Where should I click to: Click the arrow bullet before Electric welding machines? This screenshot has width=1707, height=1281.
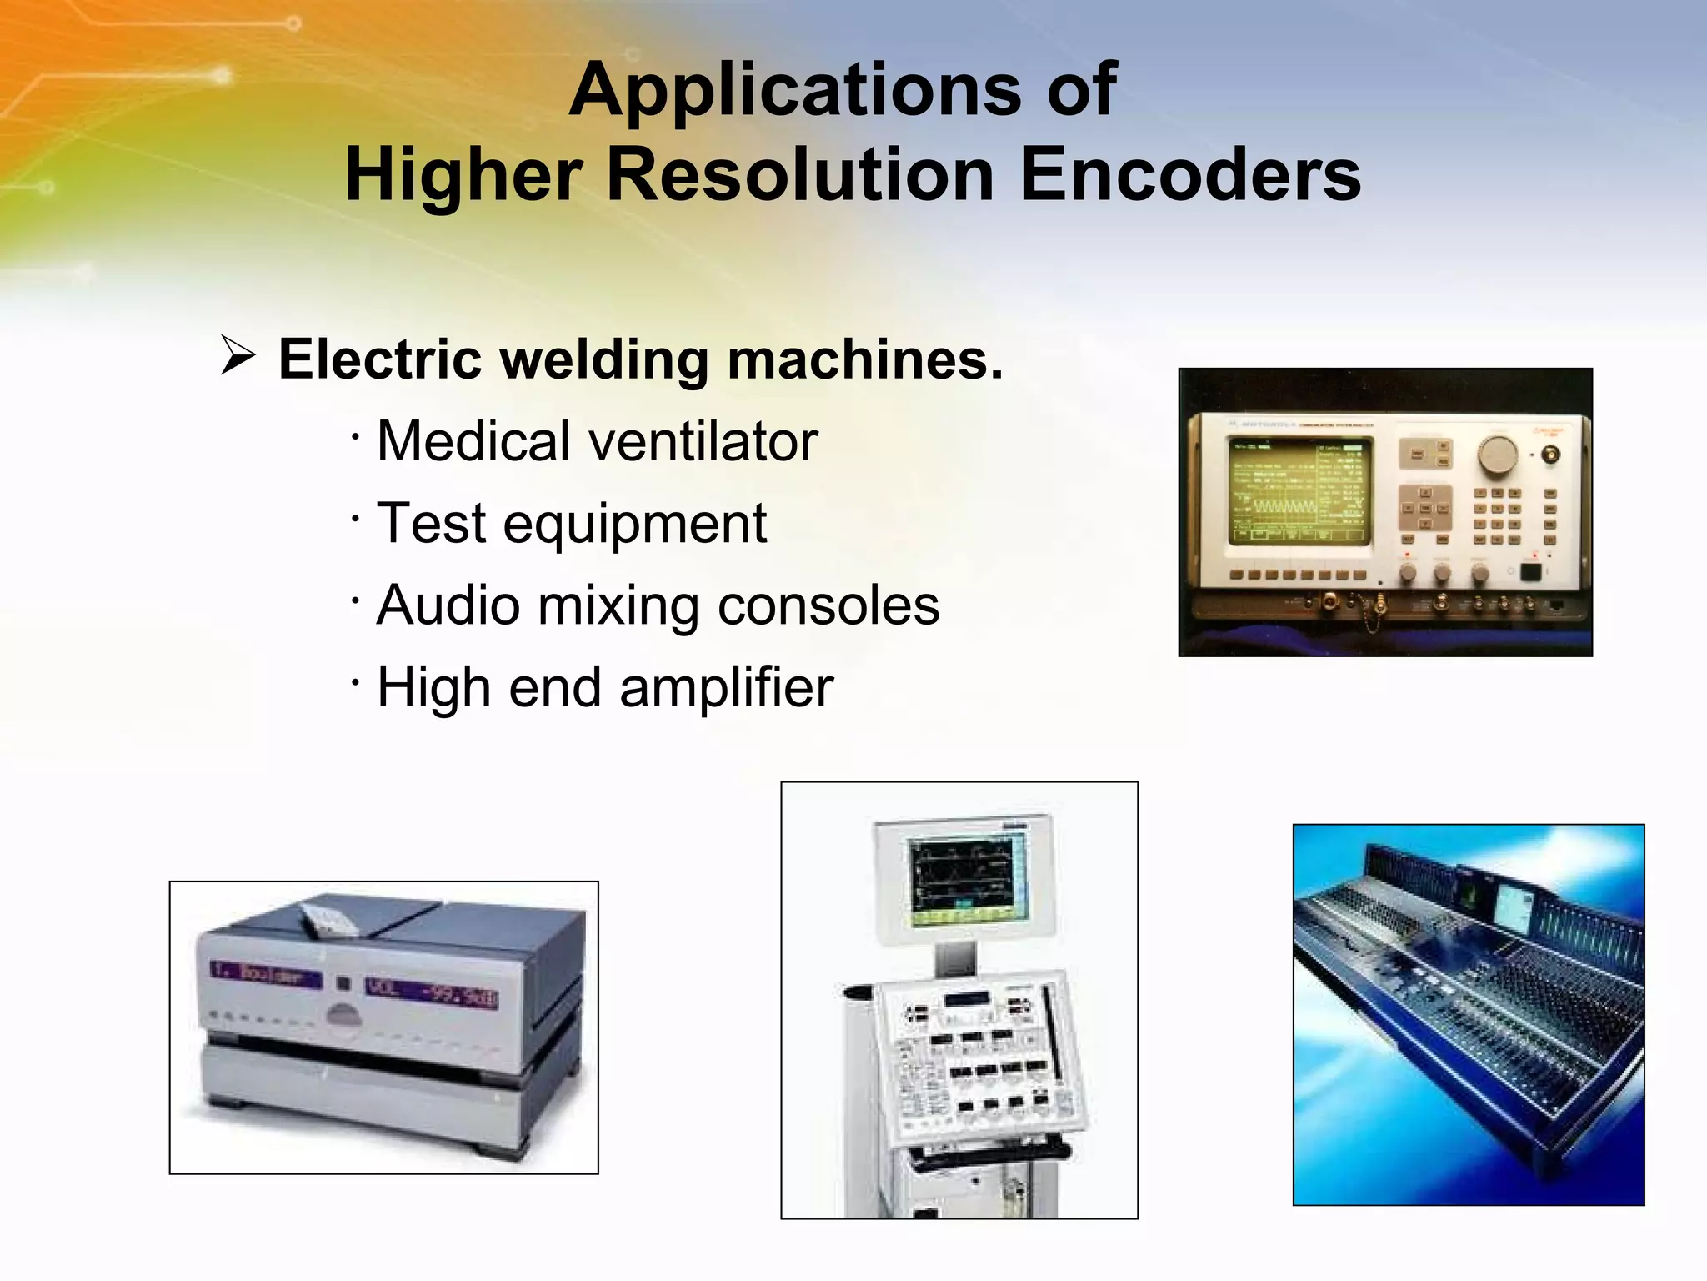coord(238,357)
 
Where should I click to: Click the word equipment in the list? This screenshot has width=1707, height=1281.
coord(634,524)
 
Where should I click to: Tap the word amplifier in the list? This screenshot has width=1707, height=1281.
coord(726,687)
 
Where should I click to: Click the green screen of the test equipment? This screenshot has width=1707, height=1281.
coord(1298,491)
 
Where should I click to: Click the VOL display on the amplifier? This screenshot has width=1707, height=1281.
coord(431,993)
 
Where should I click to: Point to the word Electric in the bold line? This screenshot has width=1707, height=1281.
coord(379,359)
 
